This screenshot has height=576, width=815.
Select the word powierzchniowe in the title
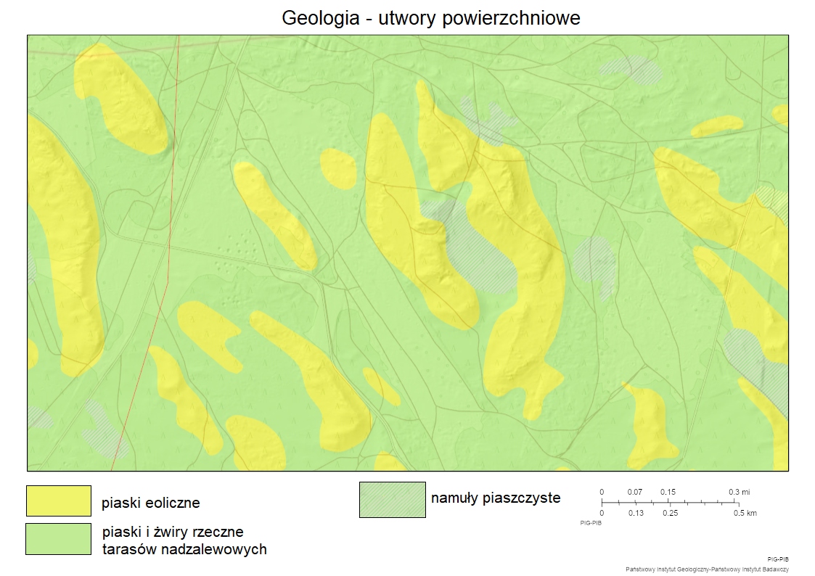click(512, 18)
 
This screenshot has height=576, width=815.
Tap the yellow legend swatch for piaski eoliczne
click(58, 501)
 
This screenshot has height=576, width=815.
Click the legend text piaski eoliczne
click(150, 503)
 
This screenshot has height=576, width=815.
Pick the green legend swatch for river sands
click(58, 539)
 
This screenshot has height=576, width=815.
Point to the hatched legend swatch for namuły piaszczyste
click(392, 500)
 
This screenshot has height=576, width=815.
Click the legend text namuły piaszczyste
click(496, 498)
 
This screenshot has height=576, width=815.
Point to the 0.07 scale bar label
click(635, 492)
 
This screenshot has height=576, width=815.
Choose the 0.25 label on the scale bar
click(670, 513)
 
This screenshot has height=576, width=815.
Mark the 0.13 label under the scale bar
click(636, 513)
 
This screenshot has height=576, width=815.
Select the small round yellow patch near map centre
click(338, 168)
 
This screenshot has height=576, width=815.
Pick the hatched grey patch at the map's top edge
click(631, 68)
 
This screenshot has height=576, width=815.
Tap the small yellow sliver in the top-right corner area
click(781, 114)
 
